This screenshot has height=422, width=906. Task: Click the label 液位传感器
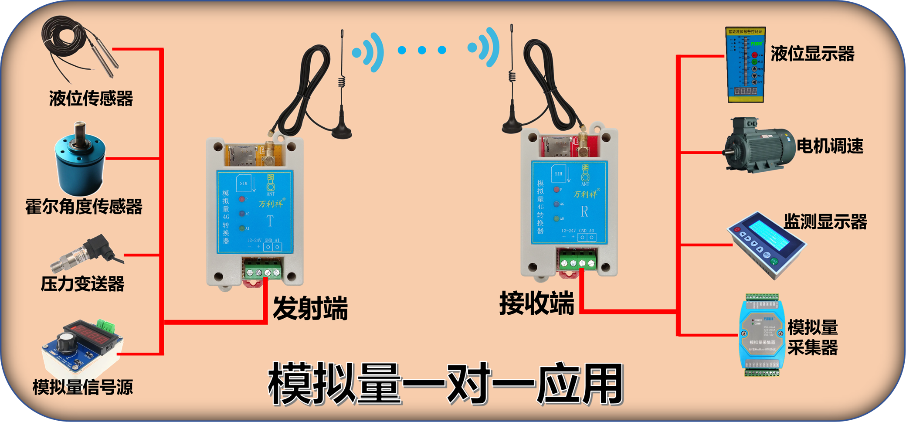click(91, 99)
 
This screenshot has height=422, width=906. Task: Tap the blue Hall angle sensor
click(80, 163)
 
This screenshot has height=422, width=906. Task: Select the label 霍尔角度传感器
click(84, 207)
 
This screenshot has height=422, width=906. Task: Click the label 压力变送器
click(82, 284)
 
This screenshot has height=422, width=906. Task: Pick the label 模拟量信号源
click(82, 387)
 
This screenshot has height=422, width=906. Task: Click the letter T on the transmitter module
click(270, 221)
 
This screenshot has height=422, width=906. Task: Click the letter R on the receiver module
click(584, 212)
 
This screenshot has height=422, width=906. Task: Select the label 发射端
click(310, 308)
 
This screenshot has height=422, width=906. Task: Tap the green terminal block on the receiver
click(577, 262)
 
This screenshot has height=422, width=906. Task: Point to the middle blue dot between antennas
click(422, 50)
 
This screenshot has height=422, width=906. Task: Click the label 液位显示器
click(812, 54)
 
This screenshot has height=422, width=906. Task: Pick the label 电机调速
click(830, 146)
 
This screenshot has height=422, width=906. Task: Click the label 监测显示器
click(825, 222)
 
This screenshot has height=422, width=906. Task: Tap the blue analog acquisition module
click(762, 336)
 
